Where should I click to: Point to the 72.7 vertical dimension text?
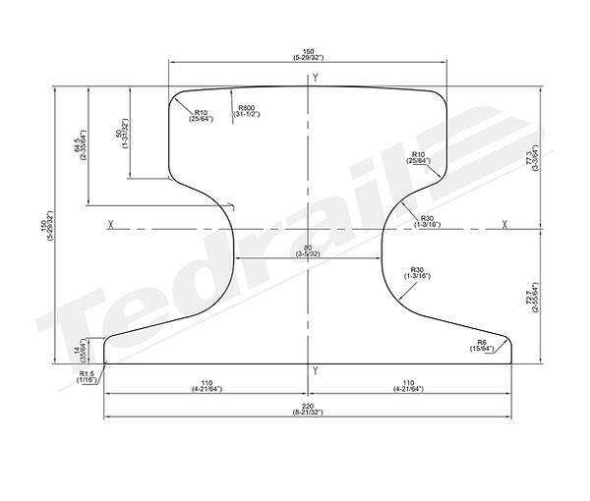(x=531, y=295)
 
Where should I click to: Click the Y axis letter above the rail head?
(x=315, y=77)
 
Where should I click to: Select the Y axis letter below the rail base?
(x=315, y=371)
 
